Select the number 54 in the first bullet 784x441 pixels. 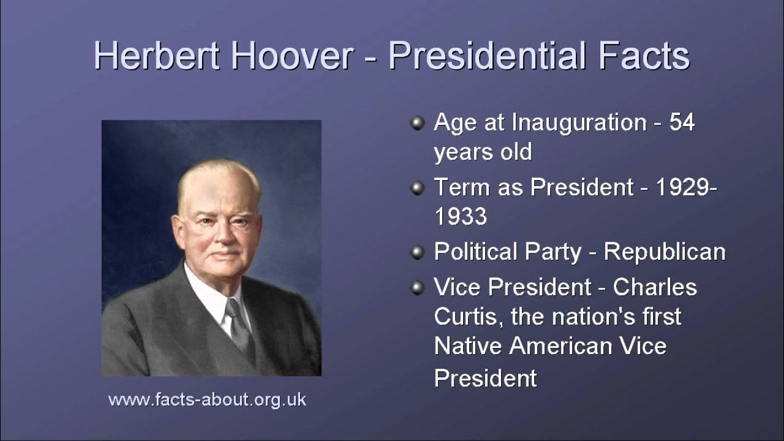pos(682,123)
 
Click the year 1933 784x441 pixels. pos(461,216)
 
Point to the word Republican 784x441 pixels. pos(665,252)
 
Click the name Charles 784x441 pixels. pos(655,287)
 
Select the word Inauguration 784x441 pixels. pos(579,123)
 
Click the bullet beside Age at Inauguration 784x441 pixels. pos(417,124)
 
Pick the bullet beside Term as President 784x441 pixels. pos(417,188)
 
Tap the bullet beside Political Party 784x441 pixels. pos(417,252)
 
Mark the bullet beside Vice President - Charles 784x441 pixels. pos(417,287)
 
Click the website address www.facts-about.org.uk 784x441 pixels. pos(207,400)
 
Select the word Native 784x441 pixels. pos(469,346)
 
